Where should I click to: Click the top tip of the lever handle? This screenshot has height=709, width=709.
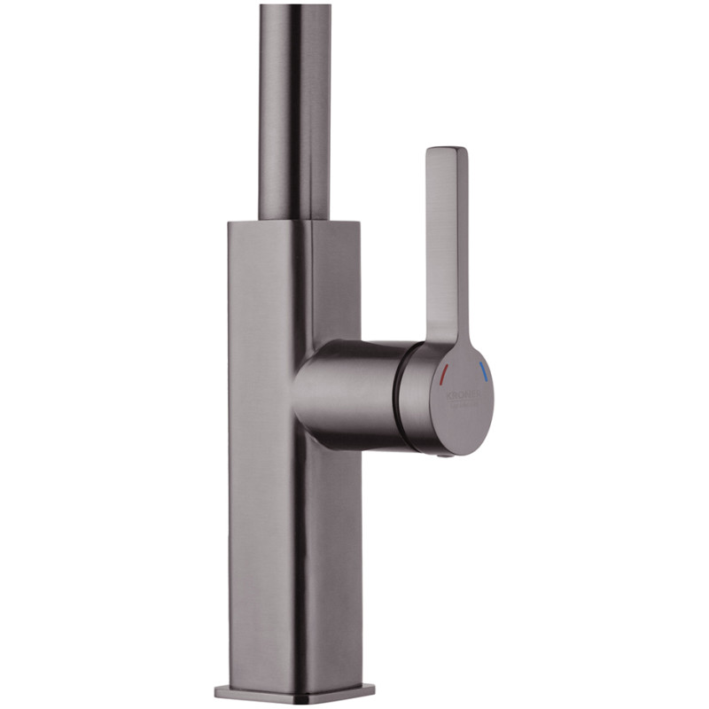tap(447, 151)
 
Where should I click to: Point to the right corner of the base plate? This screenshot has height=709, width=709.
tap(372, 690)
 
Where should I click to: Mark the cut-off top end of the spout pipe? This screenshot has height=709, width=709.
tap(295, 7)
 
